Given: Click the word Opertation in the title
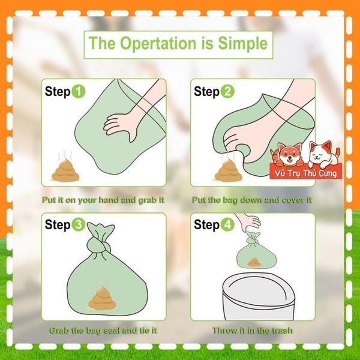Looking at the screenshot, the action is (x=158, y=44).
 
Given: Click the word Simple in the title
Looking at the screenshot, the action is (x=243, y=43).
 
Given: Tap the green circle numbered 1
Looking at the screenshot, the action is (x=78, y=91).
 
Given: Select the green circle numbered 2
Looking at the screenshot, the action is (x=227, y=91).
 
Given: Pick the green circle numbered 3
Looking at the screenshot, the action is (x=78, y=224).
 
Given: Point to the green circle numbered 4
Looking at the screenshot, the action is (x=227, y=224).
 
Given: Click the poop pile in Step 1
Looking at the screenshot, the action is (x=65, y=170).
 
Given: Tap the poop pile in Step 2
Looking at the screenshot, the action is (x=228, y=171).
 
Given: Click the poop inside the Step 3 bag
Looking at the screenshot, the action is (x=103, y=298).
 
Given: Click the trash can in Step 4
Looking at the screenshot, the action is (x=259, y=296).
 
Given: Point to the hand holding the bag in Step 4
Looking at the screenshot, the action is (x=248, y=222).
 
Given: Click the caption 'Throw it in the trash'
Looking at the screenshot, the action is (x=253, y=331).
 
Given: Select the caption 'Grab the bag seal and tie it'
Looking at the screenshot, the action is (x=103, y=331).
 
